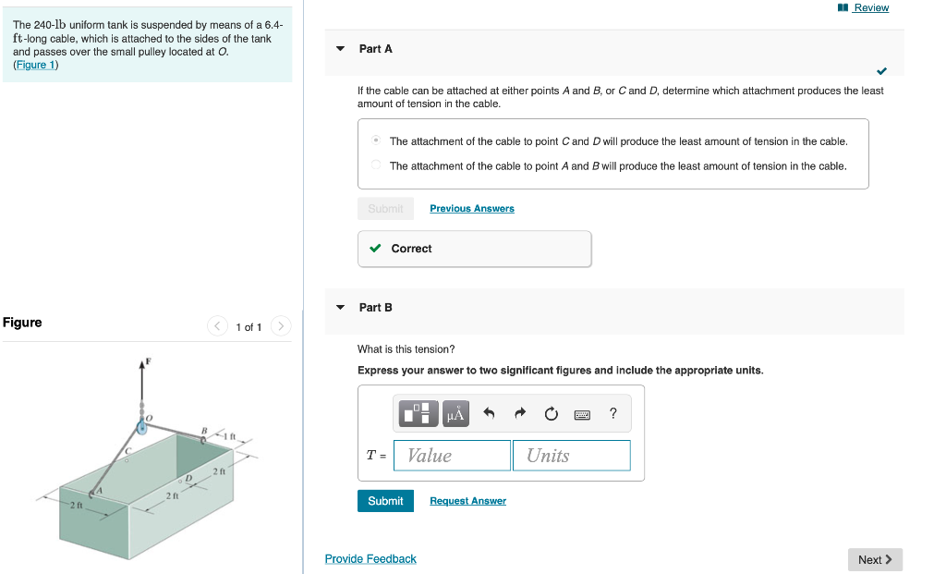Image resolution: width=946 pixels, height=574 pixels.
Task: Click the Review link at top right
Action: coord(870,7)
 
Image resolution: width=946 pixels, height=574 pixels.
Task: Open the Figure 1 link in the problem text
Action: coord(35,65)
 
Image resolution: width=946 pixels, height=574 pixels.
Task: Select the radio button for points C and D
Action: coord(376,141)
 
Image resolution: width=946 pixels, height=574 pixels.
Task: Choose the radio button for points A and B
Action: coord(376,165)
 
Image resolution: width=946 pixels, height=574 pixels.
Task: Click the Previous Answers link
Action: coord(471,209)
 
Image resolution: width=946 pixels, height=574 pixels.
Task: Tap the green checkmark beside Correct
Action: coord(375,249)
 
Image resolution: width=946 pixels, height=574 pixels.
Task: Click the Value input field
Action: coord(452,456)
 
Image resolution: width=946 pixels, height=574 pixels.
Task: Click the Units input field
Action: coord(571,456)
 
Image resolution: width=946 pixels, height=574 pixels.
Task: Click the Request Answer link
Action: coord(467,501)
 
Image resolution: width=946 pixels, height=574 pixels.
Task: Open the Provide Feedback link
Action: coord(370,559)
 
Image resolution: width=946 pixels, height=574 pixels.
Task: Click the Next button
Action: coord(874,559)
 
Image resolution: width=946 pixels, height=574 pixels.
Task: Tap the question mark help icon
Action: coord(613,414)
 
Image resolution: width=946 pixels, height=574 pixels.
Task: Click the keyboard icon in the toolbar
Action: coord(582,414)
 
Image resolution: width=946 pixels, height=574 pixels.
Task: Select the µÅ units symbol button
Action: coord(455,414)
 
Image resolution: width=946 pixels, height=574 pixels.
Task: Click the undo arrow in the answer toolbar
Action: coord(489,414)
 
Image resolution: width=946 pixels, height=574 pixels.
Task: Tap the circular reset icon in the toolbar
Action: coord(551,414)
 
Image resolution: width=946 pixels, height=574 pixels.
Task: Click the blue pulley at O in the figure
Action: coord(143,427)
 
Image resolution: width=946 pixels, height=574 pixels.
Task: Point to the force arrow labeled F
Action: coord(142,370)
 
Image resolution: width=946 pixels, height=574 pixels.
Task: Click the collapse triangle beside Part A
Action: coord(340,49)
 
